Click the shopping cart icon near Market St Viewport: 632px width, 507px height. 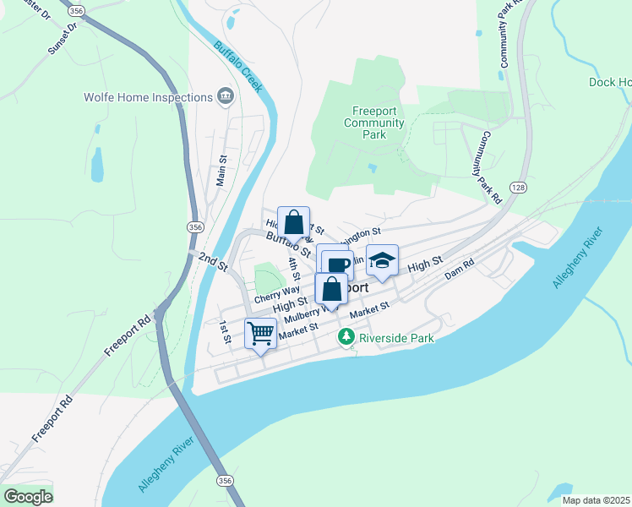(261, 332)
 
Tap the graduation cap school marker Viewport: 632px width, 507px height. (382, 261)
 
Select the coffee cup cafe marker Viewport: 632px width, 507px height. (338, 264)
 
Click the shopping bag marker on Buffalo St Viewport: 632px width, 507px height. (293, 224)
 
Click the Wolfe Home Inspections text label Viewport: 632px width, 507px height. (148, 97)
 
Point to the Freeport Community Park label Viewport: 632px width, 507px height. (373, 123)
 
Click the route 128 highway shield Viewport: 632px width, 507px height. (517, 186)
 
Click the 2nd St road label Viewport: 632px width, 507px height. (214, 259)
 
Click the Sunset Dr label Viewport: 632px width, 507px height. (63, 39)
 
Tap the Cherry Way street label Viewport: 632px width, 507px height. (276, 293)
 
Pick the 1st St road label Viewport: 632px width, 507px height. (225, 332)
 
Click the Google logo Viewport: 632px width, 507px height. (28, 496)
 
